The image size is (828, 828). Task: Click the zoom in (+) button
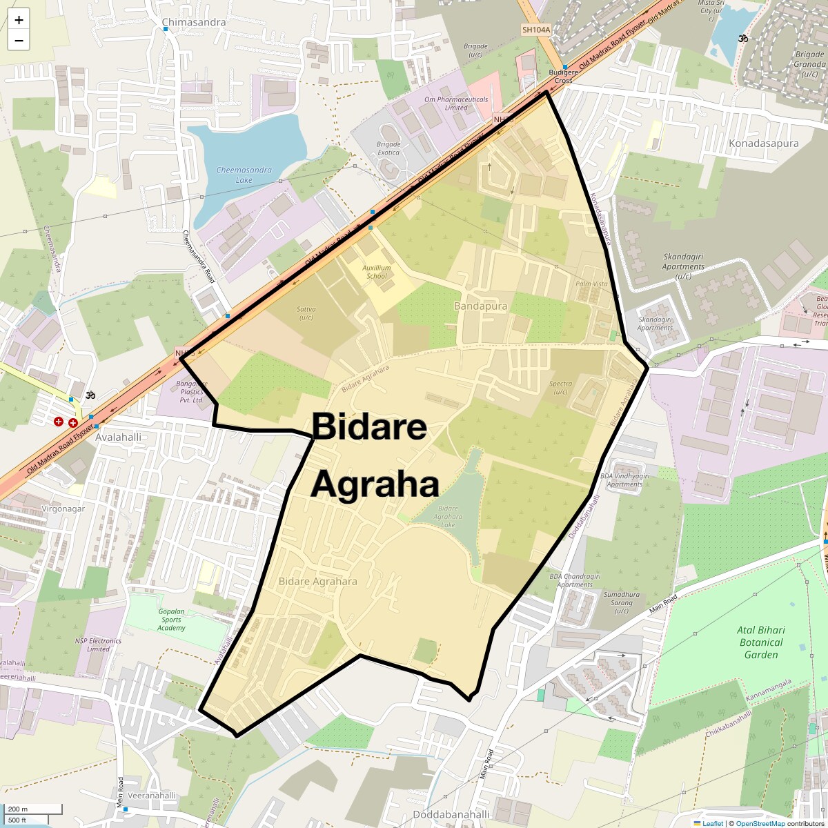pyautogui.click(x=19, y=20)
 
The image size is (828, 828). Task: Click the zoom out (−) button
pyautogui.click(x=19, y=40)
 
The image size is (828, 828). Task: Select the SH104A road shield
pyautogui.click(x=535, y=30)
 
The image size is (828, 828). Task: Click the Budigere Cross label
pyautogui.click(x=560, y=76)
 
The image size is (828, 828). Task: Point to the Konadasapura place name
pyautogui.click(x=764, y=144)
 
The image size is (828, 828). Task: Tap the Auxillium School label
pyautogui.click(x=377, y=272)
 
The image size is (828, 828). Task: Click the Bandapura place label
pyautogui.click(x=480, y=306)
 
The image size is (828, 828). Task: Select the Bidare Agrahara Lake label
pyautogui.click(x=448, y=516)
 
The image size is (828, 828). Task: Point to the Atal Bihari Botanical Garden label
pyautogui.click(x=761, y=642)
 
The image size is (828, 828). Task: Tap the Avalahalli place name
pyautogui.click(x=118, y=437)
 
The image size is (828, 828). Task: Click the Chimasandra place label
pyautogui.click(x=194, y=22)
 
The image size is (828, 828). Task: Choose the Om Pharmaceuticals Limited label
pyautogui.click(x=456, y=103)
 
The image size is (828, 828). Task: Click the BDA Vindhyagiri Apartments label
pyautogui.click(x=624, y=480)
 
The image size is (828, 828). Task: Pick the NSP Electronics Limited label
pyautogui.click(x=98, y=644)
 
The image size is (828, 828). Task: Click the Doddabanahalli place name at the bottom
pyautogui.click(x=451, y=814)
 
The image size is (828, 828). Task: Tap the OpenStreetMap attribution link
pyautogui.click(x=760, y=824)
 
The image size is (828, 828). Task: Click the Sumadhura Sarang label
pyautogui.click(x=622, y=602)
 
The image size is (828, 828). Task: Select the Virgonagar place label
pyautogui.click(x=63, y=509)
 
